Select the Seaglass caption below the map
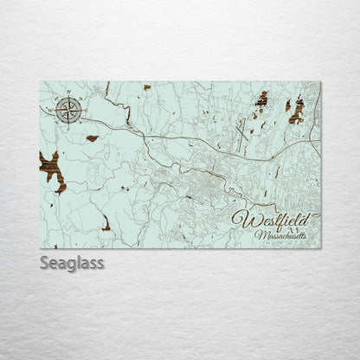[x=71, y=262]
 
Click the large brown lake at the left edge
[x=51, y=168]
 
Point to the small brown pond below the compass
[x=92, y=138]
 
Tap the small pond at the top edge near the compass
[x=146, y=87]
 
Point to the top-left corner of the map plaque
[x=41, y=82]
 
